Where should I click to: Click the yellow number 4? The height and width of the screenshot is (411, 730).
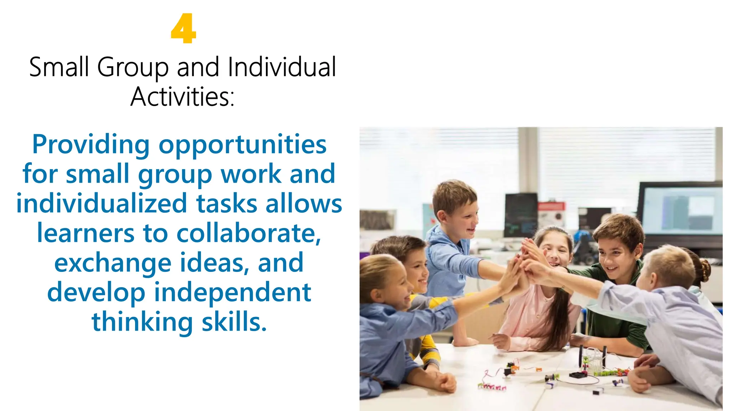pyautogui.click(x=183, y=29)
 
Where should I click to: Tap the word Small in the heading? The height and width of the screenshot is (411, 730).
pyautogui.click(x=59, y=67)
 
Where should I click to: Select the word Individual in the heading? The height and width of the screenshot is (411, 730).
pyautogui.click(x=282, y=67)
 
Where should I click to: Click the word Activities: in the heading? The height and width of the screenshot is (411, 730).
pyautogui.click(x=182, y=97)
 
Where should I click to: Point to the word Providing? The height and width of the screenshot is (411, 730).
pyautogui.click(x=91, y=144)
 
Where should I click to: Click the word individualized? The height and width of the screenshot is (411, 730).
pyautogui.click(x=102, y=203)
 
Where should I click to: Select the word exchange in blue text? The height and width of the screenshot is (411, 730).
pyautogui.click(x=113, y=263)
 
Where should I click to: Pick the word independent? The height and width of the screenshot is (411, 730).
pyautogui.click(x=232, y=292)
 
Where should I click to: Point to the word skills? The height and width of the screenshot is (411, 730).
pyautogui.click(x=234, y=321)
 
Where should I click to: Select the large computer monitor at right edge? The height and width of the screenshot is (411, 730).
pyautogui.click(x=681, y=210)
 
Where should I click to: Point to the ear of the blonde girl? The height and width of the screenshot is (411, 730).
pyautogui.click(x=376, y=296)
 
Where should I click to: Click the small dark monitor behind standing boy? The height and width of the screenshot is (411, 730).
pyautogui.click(x=521, y=214)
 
